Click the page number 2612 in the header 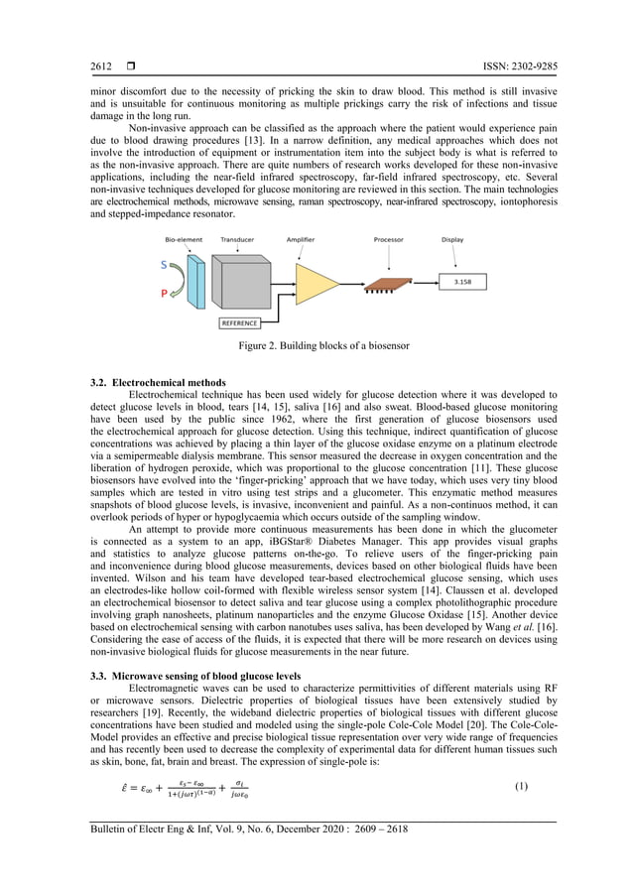pyautogui.click(x=101, y=66)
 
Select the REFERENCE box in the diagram pyautogui.click(x=238, y=322)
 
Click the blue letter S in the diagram pyautogui.click(x=164, y=265)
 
